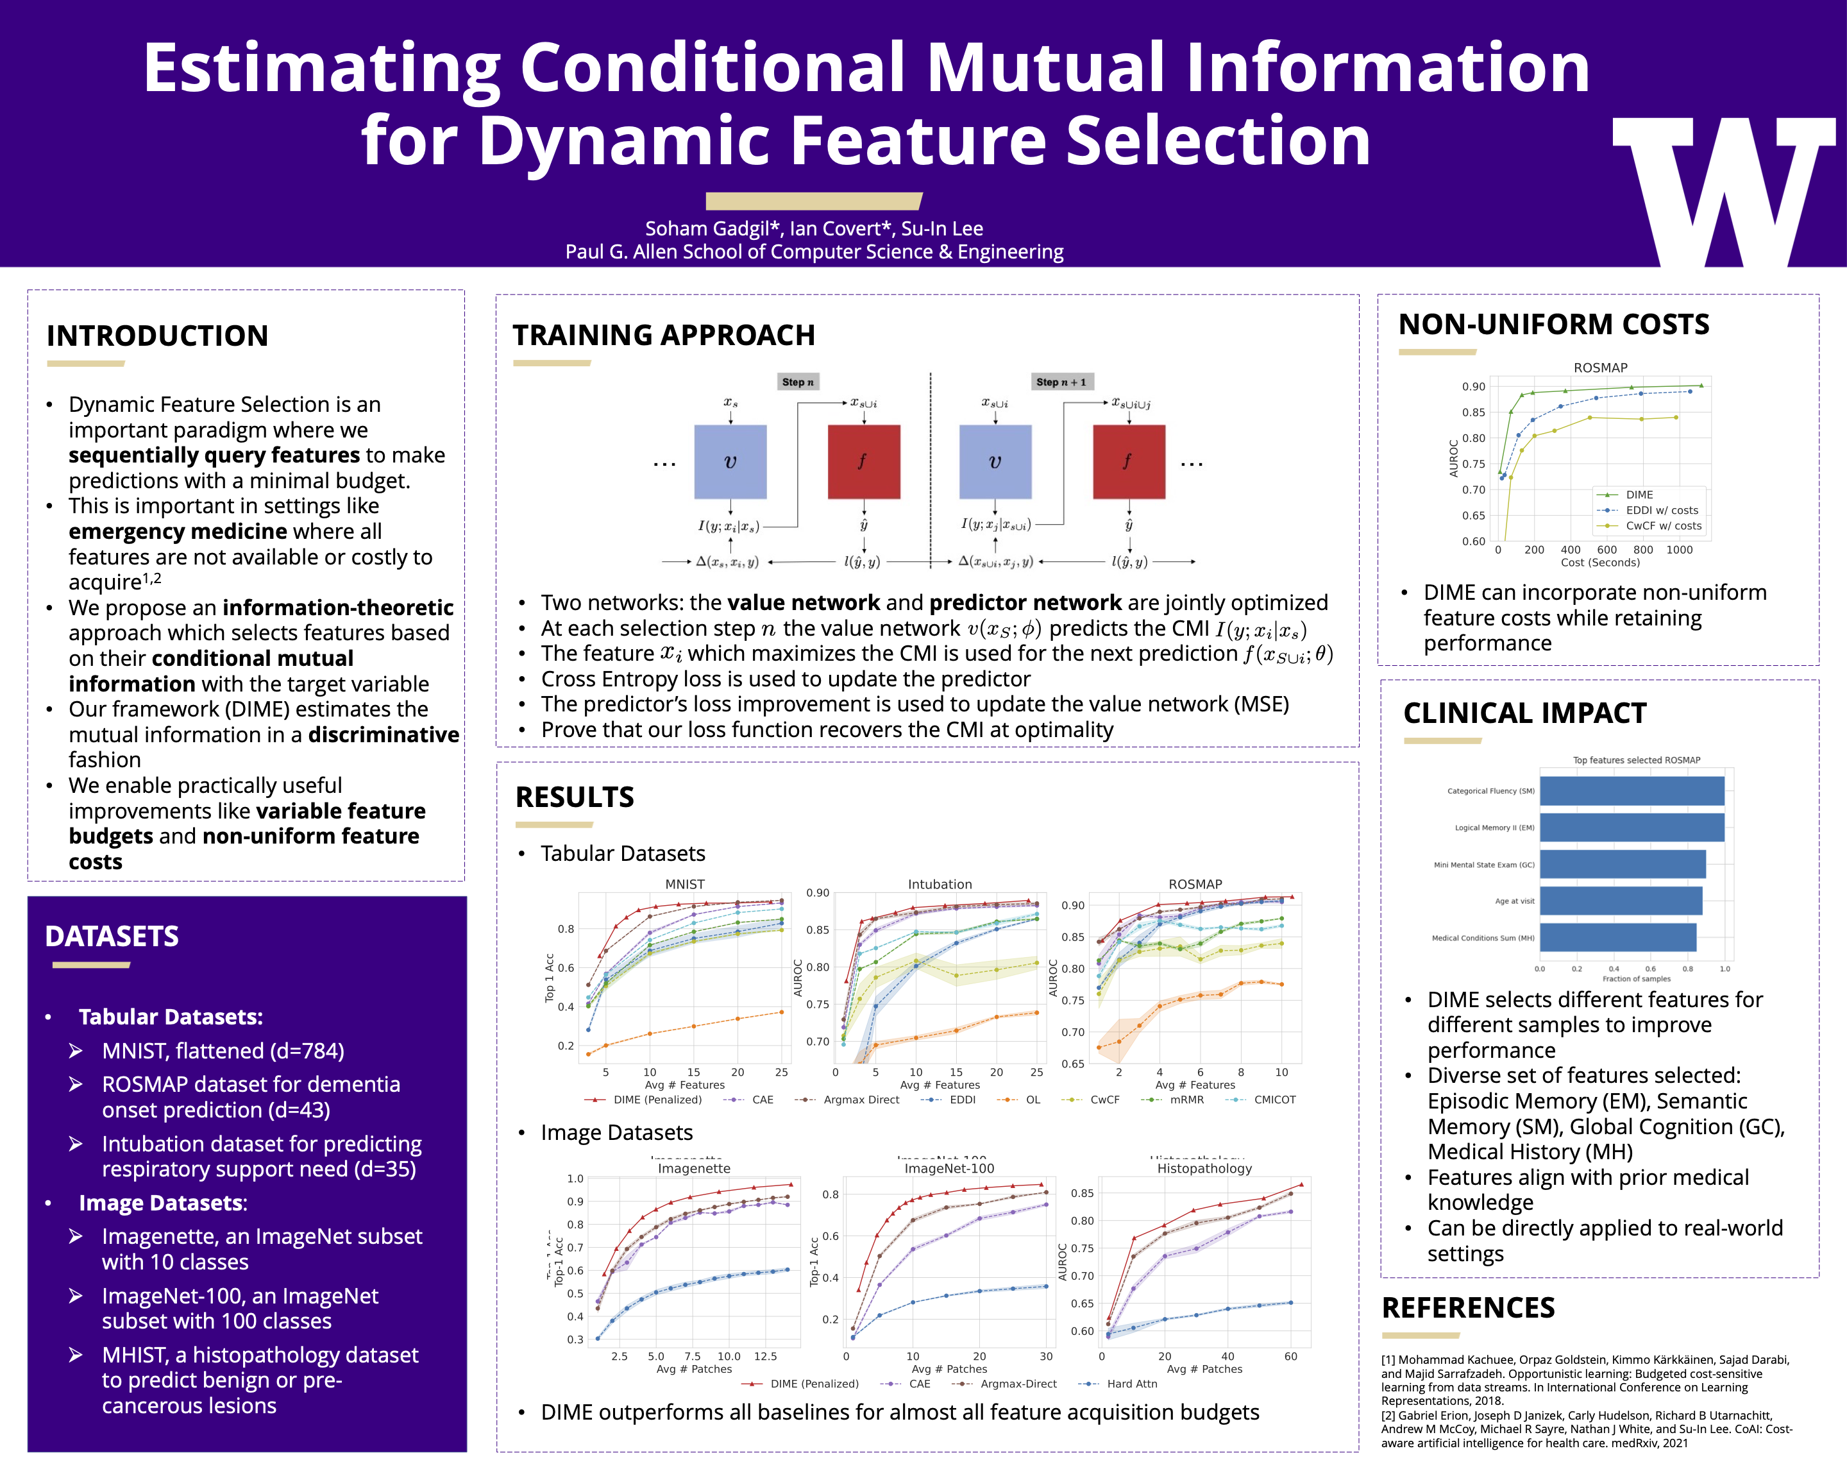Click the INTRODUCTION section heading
click(158, 336)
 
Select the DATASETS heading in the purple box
click(112, 937)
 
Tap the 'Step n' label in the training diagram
click(798, 382)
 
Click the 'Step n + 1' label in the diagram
click(1061, 382)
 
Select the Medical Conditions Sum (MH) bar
click(1617, 937)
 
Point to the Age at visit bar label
click(1514, 901)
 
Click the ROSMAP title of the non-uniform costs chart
click(1599, 368)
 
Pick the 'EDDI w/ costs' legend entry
click(1661, 511)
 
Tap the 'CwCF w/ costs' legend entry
click(1663, 526)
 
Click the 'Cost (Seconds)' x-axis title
click(1599, 563)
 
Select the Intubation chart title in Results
click(940, 884)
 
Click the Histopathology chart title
click(1204, 1169)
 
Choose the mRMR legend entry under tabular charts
click(1186, 1100)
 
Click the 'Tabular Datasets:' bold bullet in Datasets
click(171, 1017)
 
